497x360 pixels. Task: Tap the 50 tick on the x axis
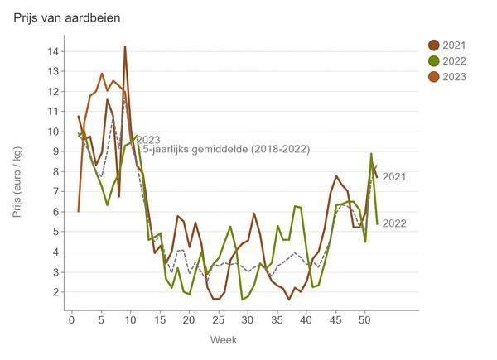(364, 319)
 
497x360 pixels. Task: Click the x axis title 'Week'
(223, 340)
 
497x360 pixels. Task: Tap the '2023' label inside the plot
(147, 140)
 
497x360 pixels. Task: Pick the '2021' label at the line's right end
(394, 176)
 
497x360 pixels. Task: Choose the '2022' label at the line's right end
(394, 223)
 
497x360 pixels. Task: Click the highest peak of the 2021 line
(125, 47)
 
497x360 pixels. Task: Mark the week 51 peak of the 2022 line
(371, 154)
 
